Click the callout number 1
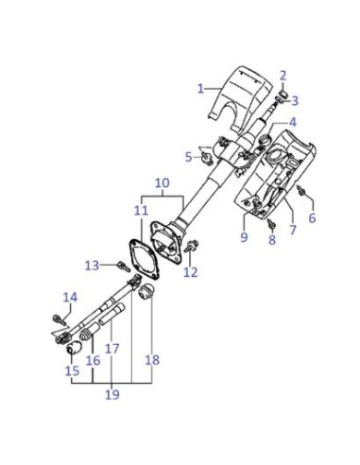click(x=200, y=89)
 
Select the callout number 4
click(x=293, y=122)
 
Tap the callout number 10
click(x=163, y=183)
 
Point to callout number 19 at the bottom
click(x=112, y=394)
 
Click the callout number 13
click(x=92, y=266)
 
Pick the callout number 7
click(x=293, y=230)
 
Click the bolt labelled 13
click(x=124, y=267)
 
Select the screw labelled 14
click(x=60, y=319)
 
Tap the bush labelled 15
click(x=75, y=347)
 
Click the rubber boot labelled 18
click(x=146, y=291)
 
